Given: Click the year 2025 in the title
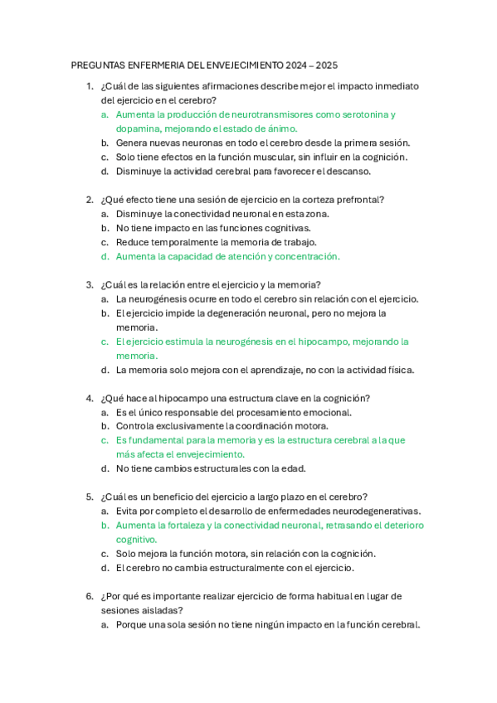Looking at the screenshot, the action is point(326,65).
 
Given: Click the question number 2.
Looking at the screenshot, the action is point(89,200).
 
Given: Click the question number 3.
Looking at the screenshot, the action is point(89,284).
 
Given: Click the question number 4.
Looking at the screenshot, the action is point(89,398).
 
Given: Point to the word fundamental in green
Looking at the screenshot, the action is point(153,440).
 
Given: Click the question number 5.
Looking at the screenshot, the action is point(89,497).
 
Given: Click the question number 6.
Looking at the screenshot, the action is point(89,596).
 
